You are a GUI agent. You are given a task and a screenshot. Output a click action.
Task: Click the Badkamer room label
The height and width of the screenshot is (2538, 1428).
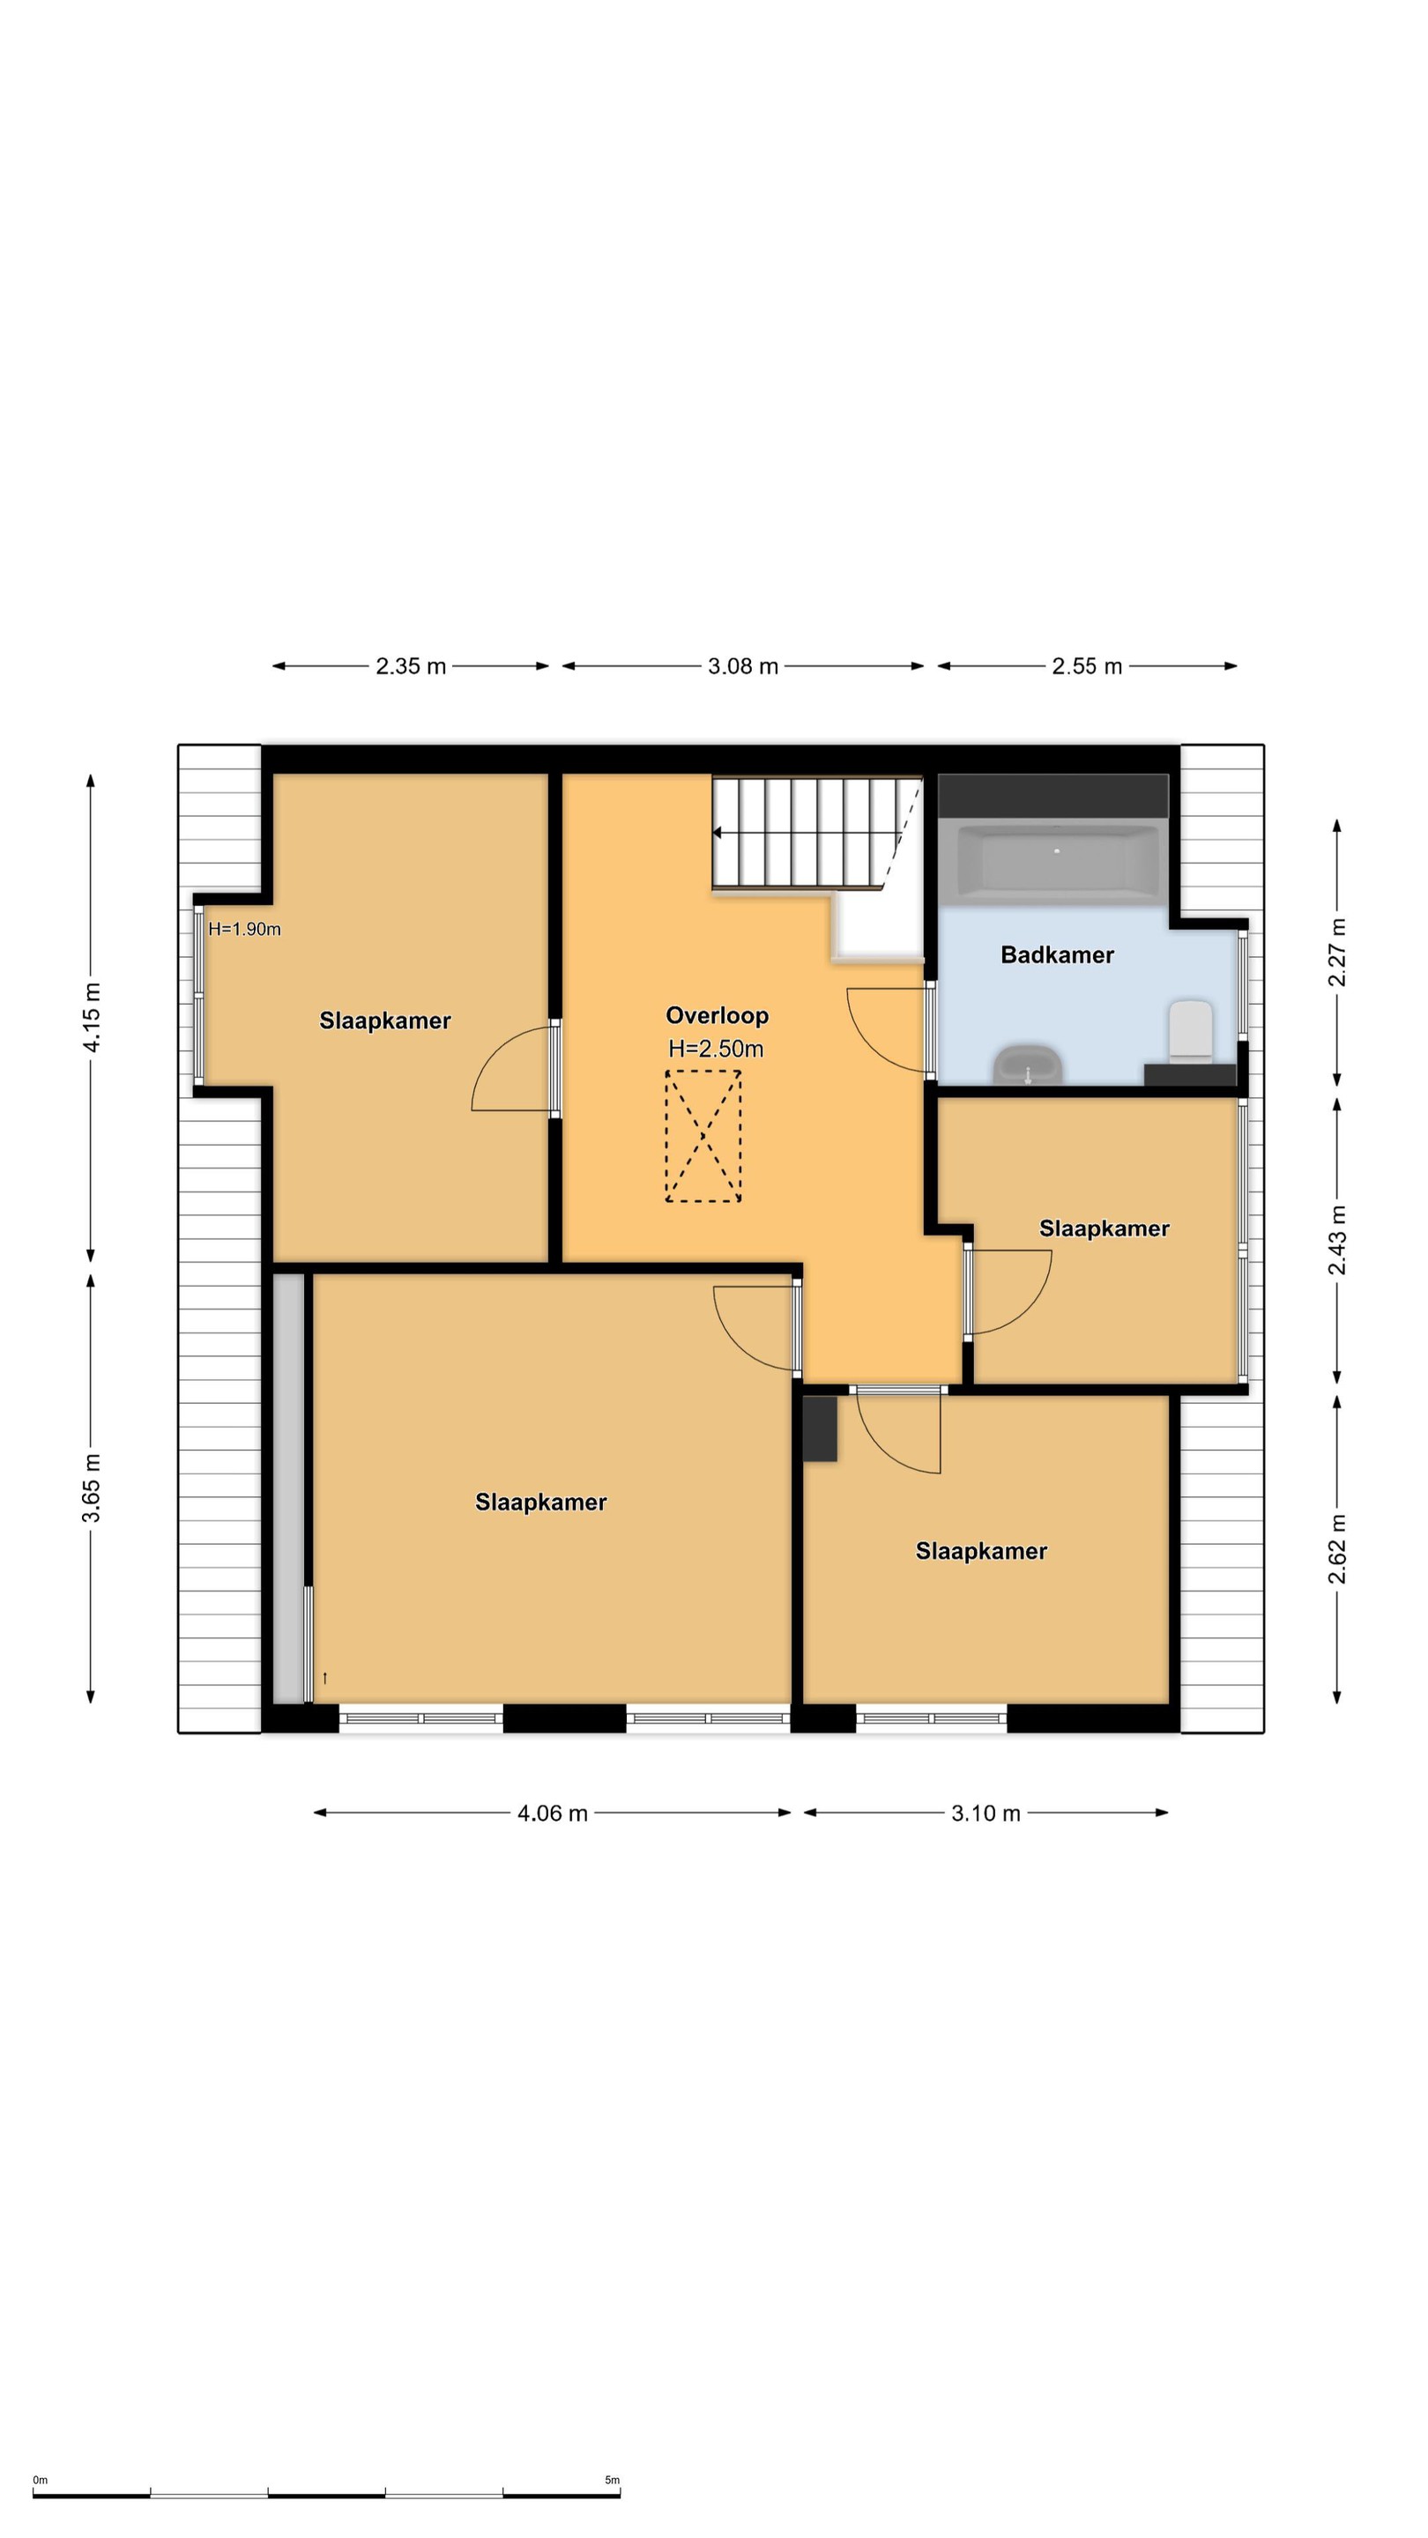coord(1057,954)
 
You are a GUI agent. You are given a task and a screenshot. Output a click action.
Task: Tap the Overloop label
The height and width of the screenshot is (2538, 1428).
coord(717,1016)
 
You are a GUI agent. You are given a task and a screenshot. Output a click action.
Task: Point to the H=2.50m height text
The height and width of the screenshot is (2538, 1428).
coord(716,1049)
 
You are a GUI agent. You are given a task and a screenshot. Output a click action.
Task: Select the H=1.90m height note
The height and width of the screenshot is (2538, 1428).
coord(244,929)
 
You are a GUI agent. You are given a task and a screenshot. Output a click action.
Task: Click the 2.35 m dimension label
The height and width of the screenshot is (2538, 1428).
coord(411,666)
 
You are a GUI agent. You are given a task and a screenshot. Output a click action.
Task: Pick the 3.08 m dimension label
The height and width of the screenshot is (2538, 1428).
coord(743,666)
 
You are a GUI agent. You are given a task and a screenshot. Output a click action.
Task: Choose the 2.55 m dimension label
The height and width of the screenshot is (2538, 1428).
coord(1087,666)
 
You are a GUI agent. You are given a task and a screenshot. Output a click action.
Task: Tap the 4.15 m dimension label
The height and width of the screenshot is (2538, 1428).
coord(92,1017)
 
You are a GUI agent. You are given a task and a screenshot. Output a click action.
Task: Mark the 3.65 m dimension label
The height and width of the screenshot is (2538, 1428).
coord(92,1488)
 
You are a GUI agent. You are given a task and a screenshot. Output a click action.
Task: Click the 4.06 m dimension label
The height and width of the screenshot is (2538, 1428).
coord(553,1813)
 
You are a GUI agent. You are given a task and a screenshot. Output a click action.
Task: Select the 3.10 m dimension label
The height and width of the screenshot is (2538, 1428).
coord(985,1813)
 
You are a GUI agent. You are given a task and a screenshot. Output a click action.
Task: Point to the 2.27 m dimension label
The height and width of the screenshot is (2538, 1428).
coord(1336,952)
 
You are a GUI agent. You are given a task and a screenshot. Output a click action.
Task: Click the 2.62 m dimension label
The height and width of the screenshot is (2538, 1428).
coord(1336,1549)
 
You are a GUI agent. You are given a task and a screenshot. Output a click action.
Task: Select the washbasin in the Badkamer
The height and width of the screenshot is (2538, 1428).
coord(1028,1065)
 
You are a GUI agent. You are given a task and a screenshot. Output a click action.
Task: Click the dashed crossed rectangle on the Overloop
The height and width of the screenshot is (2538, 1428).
coord(703,1136)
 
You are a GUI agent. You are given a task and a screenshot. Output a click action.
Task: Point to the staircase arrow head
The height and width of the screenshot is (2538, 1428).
coord(717,834)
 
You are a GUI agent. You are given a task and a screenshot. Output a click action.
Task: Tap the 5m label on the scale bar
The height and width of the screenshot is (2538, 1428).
coord(612,2480)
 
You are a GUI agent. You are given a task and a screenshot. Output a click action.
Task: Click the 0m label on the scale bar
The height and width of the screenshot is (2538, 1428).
coord(41,2480)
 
